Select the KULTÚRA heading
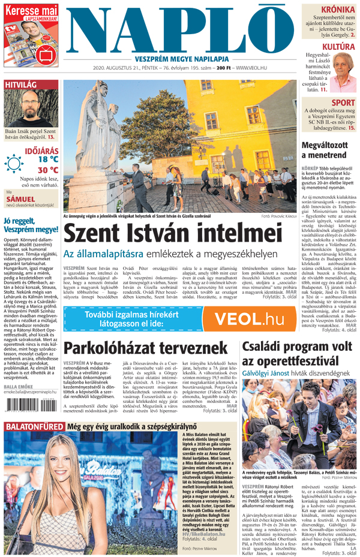(x=337, y=46)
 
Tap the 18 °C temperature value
(x=48, y=159)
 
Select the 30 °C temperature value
(x=48, y=170)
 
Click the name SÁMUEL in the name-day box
(x=20, y=198)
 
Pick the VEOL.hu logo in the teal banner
(x=248, y=319)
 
